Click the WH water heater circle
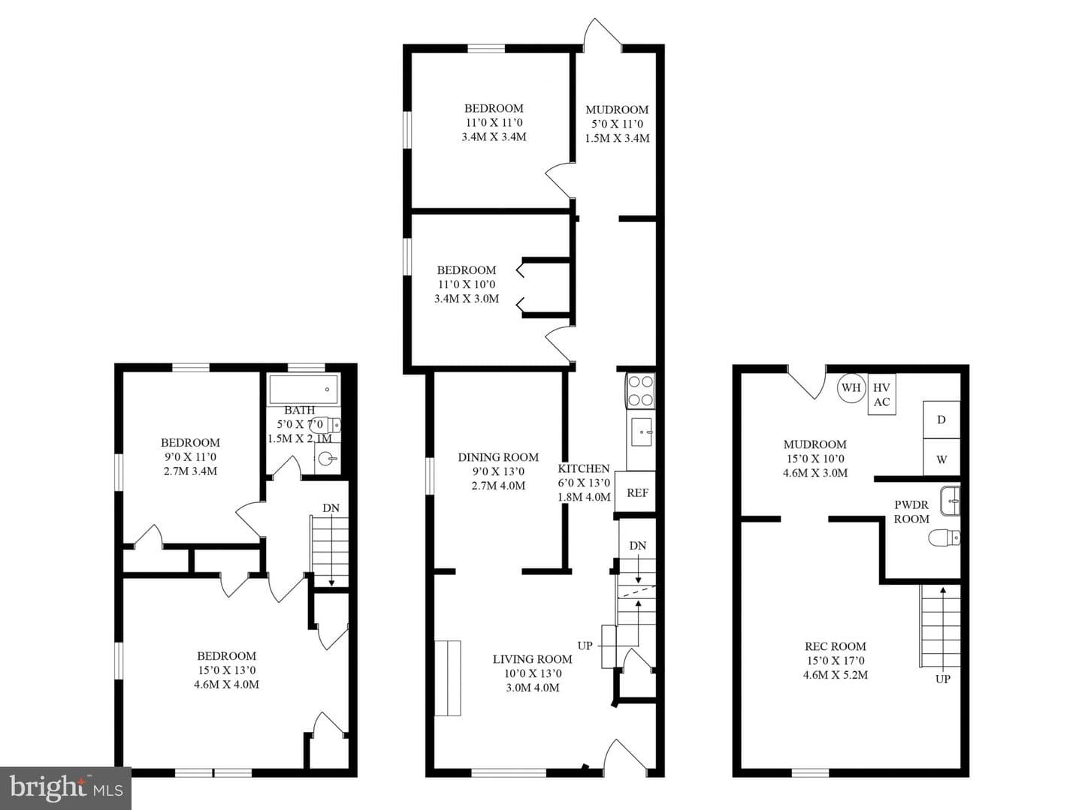coord(851,387)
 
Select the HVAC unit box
coord(881,394)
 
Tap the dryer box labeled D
coord(941,420)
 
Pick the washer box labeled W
coord(941,458)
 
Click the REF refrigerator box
coord(636,492)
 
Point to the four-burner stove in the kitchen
coord(640,390)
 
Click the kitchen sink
coord(642,432)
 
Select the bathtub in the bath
coord(304,390)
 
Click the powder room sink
coord(950,501)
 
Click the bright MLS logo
coord(65,788)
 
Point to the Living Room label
coord(533,659)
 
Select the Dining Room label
coord(498,457)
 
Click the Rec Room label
coord(835,646)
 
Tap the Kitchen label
coord(584,468)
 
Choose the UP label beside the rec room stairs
coord(942,679)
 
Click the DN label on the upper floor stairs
coord(331,507)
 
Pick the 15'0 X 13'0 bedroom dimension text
coord(226,670)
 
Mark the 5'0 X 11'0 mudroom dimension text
coord(617,124)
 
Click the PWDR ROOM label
coord(911,512)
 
